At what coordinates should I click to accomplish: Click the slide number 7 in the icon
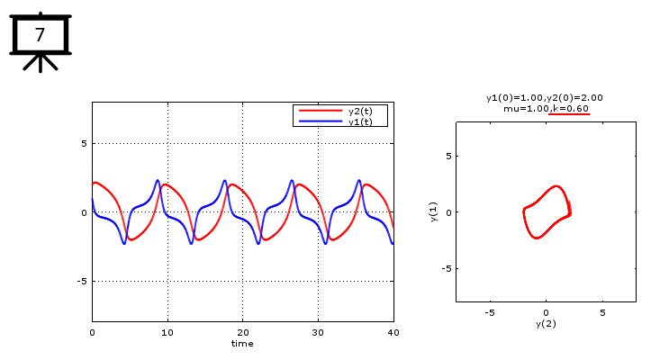40,34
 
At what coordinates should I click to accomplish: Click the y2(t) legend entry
361,111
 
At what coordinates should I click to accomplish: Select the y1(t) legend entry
361,121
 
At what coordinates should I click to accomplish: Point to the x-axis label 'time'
242,343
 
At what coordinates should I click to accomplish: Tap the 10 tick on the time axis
167,332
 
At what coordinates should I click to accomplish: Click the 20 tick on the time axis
242,332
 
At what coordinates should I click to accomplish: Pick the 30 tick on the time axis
318,332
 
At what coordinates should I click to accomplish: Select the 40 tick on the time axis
393,332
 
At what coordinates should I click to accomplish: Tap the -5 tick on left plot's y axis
80,281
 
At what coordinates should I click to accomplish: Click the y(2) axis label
546,323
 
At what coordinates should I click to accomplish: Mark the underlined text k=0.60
570,108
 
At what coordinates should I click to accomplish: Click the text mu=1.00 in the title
525,108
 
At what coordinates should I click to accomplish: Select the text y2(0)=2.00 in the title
574,97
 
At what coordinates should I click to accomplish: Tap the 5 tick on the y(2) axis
602,312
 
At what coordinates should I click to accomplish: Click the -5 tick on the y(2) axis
489,312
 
